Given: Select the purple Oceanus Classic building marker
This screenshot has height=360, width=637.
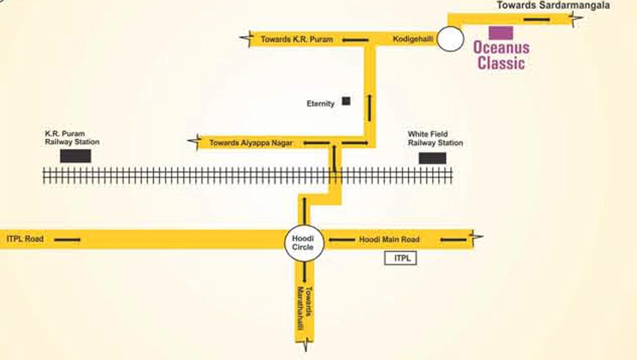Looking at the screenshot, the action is (501, 33).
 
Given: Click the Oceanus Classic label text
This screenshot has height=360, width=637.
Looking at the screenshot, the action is (501, 55).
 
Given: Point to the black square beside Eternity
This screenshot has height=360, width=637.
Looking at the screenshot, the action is (346, 101).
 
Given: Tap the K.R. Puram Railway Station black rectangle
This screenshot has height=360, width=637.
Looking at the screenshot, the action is (75, 156).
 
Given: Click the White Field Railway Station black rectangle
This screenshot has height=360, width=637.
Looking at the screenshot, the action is (432, 158).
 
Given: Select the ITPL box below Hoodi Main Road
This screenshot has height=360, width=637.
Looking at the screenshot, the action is (401, 258).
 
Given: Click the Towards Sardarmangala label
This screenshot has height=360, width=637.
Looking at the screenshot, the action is (553, 6).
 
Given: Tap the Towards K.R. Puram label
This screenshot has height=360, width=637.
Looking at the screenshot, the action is (296, 39).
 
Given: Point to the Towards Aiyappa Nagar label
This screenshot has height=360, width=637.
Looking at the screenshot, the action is (251, 143).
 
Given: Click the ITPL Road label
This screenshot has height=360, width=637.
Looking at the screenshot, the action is (25, 239).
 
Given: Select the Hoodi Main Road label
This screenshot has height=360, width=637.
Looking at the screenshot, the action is (389, 240).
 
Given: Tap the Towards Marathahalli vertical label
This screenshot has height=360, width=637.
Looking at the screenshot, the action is (305, 309).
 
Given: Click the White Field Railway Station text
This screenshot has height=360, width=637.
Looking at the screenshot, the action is (436, 138).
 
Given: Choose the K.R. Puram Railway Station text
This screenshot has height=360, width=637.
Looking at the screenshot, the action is (72, 138).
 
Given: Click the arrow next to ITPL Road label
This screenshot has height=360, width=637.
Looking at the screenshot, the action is (67, 240).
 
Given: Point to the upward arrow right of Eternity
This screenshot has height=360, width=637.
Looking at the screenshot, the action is (369, 108).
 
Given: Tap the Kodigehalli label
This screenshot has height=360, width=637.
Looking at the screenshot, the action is (413, 39).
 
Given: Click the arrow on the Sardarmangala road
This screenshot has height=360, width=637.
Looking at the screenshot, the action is (537, 19).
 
